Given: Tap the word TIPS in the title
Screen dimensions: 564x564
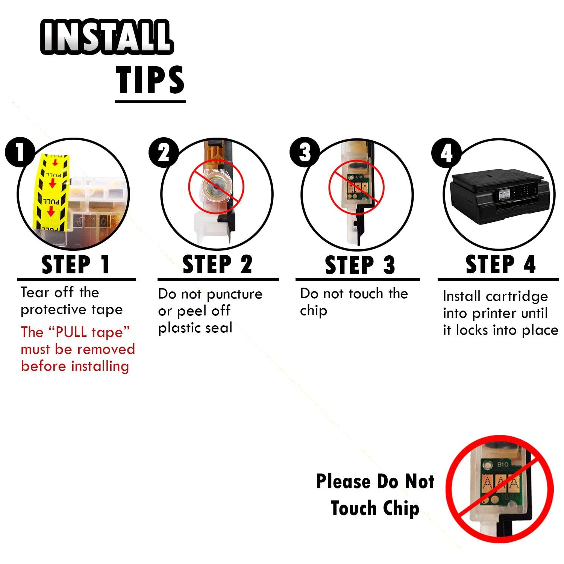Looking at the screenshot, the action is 150,80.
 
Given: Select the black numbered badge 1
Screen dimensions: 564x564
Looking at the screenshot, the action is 20,152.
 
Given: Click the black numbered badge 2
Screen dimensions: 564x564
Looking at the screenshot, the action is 164,152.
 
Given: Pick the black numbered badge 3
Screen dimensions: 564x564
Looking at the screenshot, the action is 305,152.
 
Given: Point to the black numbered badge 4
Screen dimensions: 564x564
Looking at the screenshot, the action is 446,152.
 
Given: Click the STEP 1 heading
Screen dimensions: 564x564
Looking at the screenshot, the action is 76,265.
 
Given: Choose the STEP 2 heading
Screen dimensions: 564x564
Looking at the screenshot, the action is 217,264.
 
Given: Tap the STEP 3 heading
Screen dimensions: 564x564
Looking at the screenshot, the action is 360,265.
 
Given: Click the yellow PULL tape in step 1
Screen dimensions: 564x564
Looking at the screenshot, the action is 52,192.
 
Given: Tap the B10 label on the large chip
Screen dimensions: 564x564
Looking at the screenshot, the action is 503,464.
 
